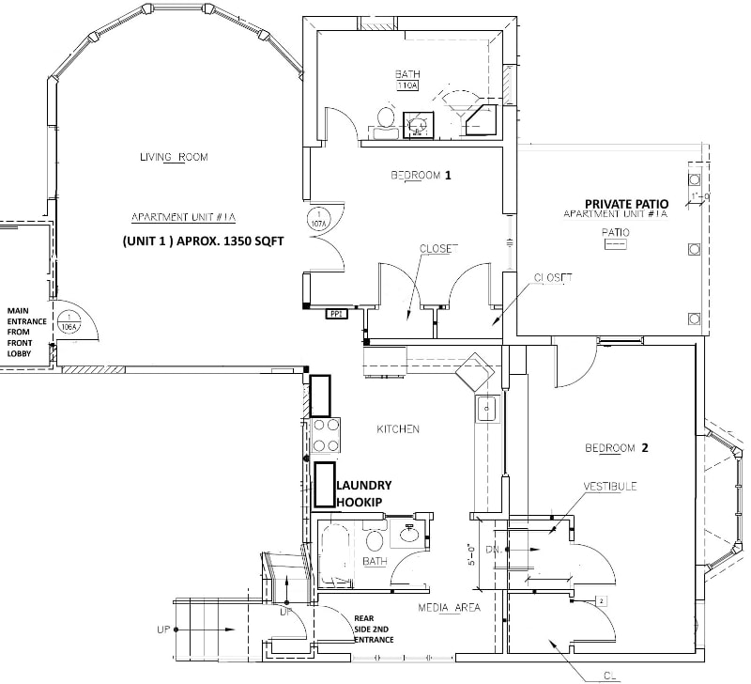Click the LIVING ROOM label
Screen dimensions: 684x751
pos(174,157)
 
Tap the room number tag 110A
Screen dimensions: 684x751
pos(406,85)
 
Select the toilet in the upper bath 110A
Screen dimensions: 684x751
pos(384,118)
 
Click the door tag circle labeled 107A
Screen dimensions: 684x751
pos(316,220)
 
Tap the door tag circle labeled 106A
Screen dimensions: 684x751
pos(68,323)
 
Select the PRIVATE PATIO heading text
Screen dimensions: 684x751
pos(625,203)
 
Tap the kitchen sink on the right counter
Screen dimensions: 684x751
pos(486,409)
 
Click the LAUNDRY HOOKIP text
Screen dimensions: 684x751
pos(362,493)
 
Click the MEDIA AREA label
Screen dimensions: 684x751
pos(449,608)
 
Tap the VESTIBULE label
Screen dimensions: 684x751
pos(610,487)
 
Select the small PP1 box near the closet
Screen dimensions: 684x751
pos(336,315)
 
